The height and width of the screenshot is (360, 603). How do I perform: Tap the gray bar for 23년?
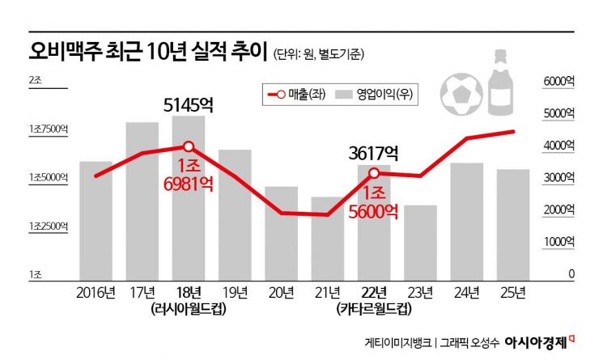[420, 242]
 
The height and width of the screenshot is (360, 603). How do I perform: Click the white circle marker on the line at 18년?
[189, 146]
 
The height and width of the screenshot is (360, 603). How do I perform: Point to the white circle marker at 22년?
[374, 173]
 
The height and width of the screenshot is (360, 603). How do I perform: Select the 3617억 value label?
[373, 151]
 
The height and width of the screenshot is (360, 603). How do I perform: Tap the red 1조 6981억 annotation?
[188, 176]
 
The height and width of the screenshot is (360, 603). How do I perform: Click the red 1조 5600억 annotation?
[374, 202]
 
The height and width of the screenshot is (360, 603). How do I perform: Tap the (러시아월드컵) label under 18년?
[188, 309]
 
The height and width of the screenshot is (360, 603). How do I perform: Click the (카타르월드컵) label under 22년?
[374, 309]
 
